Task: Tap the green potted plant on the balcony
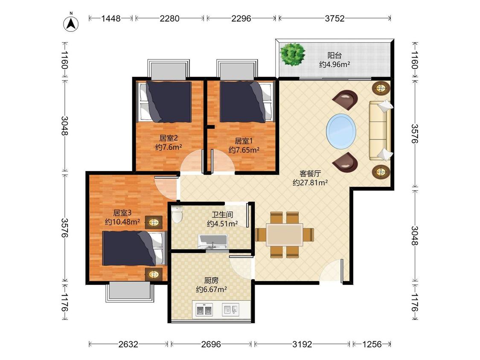point(293,54)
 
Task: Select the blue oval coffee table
point(341,131)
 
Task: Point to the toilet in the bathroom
point(177,214)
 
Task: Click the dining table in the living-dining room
point(285,235)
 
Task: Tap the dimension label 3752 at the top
point(335,18)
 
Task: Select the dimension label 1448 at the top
point(111,18)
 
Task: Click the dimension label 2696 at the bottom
point(211,344)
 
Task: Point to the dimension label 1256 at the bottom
point(372,344)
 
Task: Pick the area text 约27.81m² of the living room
point(310,183)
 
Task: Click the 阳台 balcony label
point(334,55)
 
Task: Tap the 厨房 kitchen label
point(211,280)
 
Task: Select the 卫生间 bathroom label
point(222,215)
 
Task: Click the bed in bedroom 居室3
point(134,248)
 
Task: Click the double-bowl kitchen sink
point(204,310)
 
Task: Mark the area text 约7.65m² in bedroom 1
point(244,150)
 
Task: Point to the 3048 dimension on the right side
point(414,236)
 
